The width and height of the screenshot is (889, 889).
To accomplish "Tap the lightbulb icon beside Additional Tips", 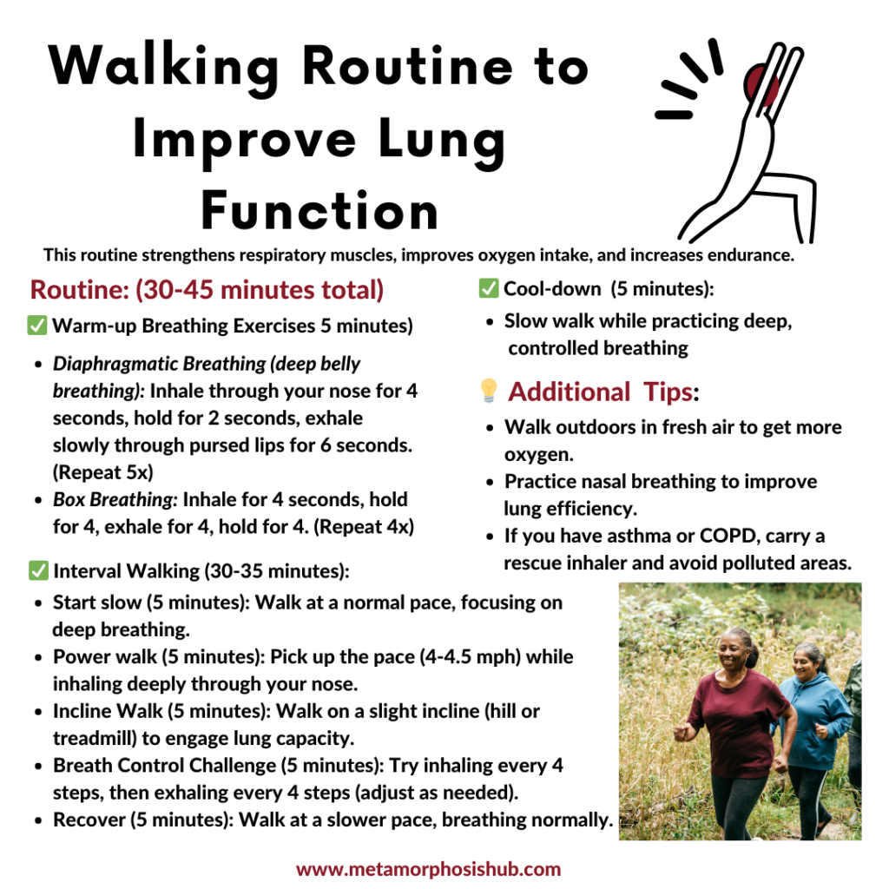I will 489,392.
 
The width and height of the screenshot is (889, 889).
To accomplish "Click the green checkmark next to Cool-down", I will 489,288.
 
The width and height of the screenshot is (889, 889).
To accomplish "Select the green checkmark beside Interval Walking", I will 37,570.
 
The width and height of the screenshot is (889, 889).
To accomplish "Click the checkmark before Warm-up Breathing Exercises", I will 37,326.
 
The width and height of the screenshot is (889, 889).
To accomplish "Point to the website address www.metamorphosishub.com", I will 429,869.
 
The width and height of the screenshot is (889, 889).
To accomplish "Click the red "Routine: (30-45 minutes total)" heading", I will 207,289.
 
